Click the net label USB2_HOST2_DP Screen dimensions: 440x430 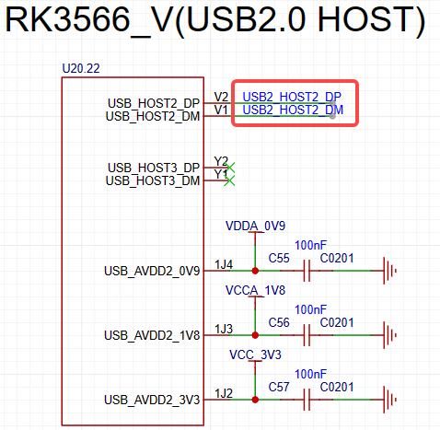(292, 97)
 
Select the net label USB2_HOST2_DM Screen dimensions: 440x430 (293, 110)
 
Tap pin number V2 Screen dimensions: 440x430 (221, 97)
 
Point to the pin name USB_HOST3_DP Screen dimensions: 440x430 (154, 168)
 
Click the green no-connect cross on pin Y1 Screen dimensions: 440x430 (229, 180)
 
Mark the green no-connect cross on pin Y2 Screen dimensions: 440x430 (229, 168)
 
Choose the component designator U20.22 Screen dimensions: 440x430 (81, 68)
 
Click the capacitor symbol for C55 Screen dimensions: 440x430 (307, 271)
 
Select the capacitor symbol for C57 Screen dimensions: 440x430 (307, 400)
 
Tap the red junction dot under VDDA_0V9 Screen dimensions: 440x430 (255, 271)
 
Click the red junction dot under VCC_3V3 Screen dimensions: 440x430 (255, 400)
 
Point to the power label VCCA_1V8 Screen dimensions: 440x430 (255, 290)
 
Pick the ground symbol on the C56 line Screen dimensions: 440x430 (389, 335)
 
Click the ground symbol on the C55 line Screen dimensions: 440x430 (389, 271)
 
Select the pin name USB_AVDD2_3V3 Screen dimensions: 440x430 (152, 400)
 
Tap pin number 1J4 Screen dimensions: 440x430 (224, 264)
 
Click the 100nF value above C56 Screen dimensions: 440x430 (310, 310)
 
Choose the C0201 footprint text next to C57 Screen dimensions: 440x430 (337, 388)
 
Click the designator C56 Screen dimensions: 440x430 (279, 323)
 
